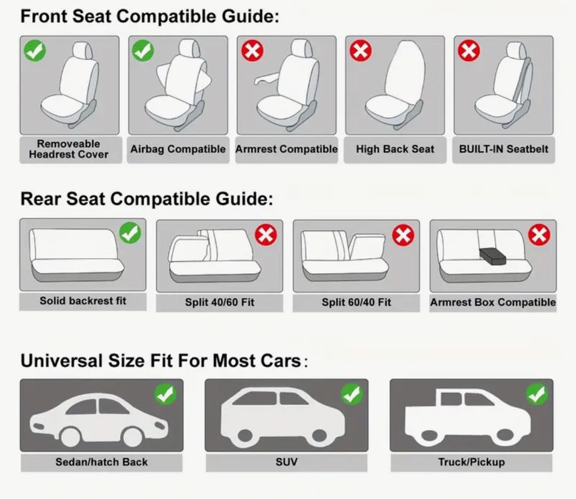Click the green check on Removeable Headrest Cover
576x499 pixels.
tap(35, 51)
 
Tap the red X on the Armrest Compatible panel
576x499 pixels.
tap(253, 51)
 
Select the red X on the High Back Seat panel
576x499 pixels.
tap(360, 51)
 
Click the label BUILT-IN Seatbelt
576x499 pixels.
tap(503, 149)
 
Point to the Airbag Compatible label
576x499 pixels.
tap(178, 149)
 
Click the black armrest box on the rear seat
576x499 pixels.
tap(492, 256)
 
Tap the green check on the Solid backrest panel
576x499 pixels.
tap(130, 232)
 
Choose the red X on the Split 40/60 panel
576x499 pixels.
tap(266, 235)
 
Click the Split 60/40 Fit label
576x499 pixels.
tap(356, 302)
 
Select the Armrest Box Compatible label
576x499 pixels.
tap(493, 302)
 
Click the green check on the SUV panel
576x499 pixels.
tap(352, 394)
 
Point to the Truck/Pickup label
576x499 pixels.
tap(471, 462)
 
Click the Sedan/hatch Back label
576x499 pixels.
tap(101, 462)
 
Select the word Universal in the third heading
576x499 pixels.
tap(61, 361)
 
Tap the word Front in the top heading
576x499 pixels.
tap(44, 16)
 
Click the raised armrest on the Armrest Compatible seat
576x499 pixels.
tap(268, 78)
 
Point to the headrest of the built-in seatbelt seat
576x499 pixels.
tap(517, 49)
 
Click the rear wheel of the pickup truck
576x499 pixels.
tap(428, 435)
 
